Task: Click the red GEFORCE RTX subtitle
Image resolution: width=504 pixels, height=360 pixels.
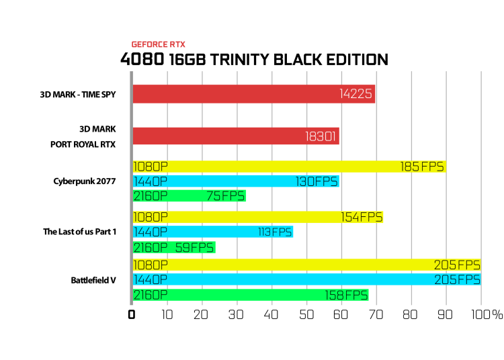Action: click(158, 44)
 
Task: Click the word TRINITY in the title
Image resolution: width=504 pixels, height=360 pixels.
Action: click(239, 60)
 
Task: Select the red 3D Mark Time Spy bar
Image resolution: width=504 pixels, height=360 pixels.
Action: click(254, 94)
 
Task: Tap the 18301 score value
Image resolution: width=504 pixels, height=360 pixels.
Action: click(320, 136)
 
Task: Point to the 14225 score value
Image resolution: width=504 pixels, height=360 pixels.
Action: click(355, 94)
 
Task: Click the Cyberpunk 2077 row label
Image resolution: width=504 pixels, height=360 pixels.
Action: click(84, 181)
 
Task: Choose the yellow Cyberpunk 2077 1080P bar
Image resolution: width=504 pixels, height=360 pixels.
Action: click(290, 167)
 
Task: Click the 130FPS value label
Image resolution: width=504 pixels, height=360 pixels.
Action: click(317, 182)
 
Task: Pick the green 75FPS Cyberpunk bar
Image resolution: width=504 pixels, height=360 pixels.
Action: click(190, 196)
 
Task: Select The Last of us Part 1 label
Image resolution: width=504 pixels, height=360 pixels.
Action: click(80, 232)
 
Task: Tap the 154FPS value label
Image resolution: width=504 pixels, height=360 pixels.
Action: click(362, 218)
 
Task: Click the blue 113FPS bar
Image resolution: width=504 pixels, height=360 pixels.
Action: click(213, 232)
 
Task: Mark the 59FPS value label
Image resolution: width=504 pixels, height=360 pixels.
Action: click(194, 248)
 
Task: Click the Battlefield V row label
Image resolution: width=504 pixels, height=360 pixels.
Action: click(93, 280)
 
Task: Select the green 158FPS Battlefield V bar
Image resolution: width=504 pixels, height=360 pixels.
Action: click(251, 295)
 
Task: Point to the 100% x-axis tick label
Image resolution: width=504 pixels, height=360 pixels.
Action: click(487, 315)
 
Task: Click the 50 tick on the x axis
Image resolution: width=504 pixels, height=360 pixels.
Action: click(306, 315)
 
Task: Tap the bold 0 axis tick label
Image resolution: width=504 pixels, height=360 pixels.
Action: click(132, 315)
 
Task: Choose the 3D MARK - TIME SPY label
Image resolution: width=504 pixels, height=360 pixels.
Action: click(78, 95)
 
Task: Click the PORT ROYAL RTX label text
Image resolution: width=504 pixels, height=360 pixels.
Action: click(83, 144)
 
